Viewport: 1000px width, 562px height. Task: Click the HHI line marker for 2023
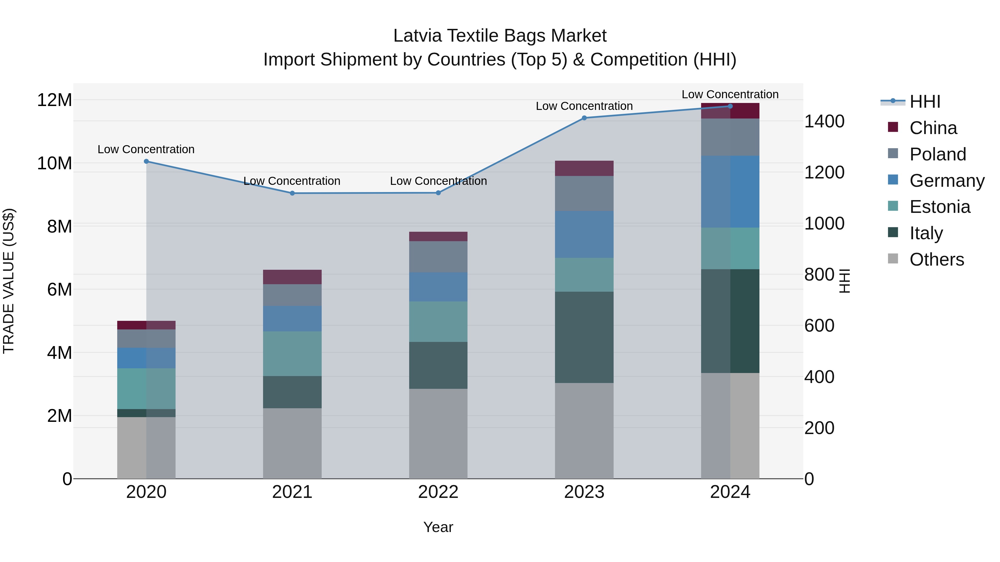tap(584, 118)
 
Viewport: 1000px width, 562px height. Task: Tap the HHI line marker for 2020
tap(146, 161)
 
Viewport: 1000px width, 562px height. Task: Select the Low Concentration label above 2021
tap(292, 181)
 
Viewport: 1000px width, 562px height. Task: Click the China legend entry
tap(933, 128)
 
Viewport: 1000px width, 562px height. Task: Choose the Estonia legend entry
tap(939, 207)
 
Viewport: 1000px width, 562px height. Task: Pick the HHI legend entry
tap(925, 102)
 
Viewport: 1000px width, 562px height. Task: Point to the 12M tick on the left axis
tap(54, 100)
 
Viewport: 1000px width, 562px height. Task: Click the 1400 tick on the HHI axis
tap(824, 121)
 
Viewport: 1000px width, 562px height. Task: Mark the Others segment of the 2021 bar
tap(292, 443)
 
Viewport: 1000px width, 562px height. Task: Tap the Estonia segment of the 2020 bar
tap(146, 388)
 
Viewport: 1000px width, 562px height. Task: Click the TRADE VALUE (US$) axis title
tap(9, 281)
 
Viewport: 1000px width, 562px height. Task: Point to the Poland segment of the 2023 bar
tap(584, 193)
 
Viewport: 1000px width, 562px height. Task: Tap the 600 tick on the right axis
tap(819, 326)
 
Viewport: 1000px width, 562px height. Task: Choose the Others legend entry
tap(936, 259)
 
